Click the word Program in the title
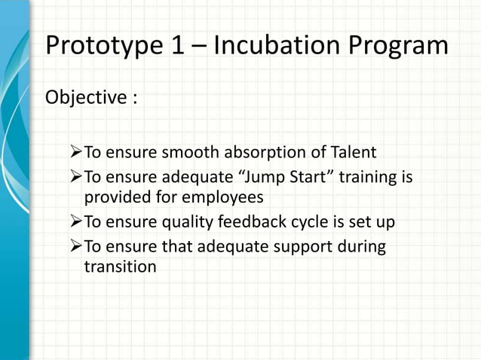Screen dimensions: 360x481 [x=404, y=47]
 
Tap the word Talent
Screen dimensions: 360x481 [x=349, y=154]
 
